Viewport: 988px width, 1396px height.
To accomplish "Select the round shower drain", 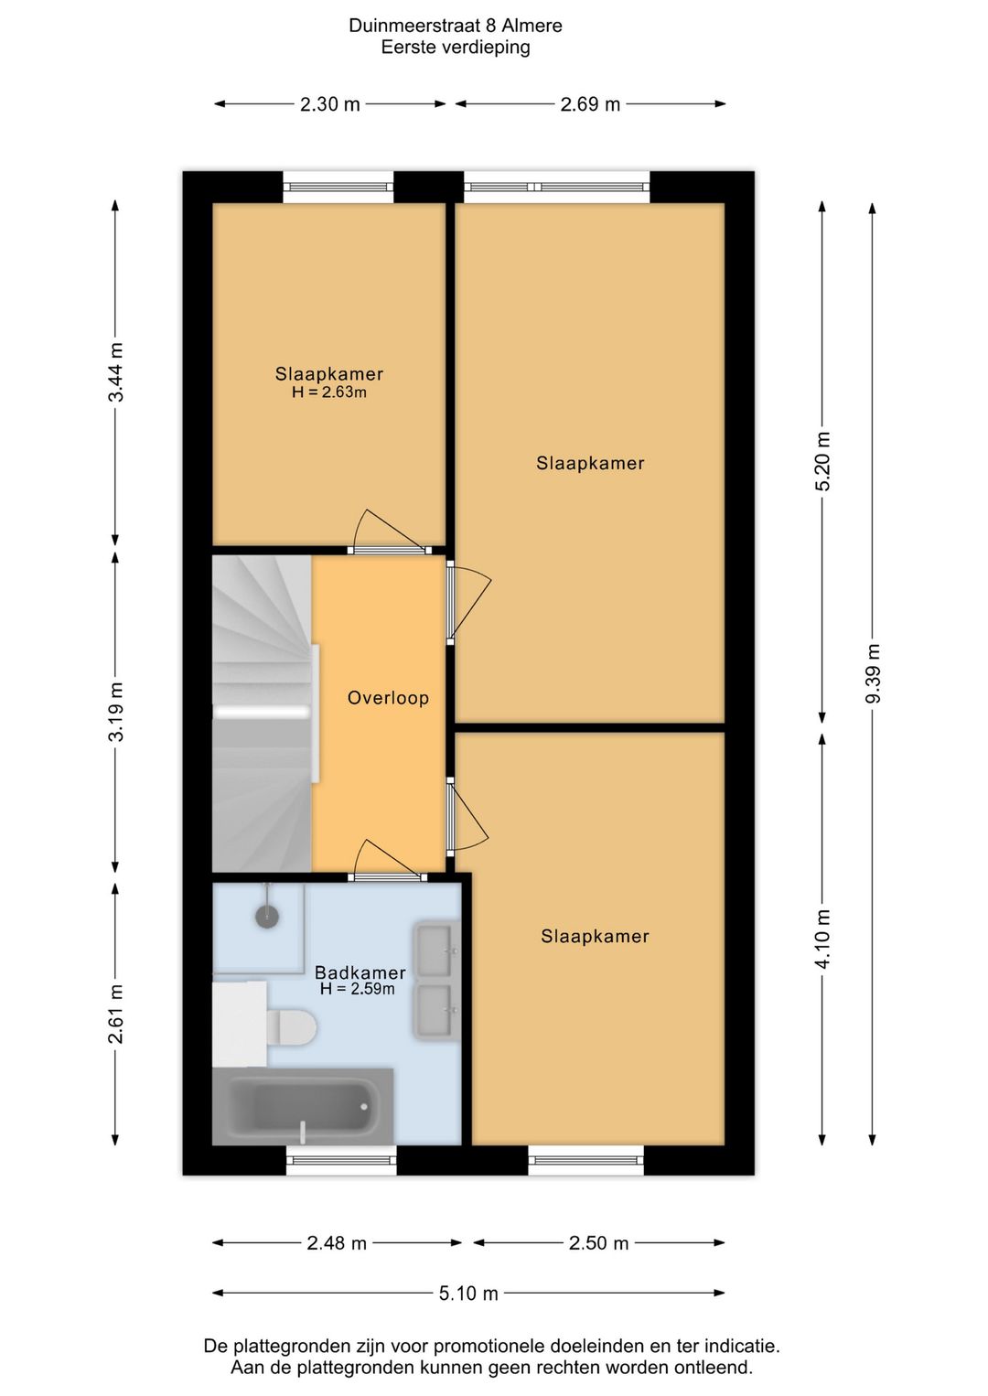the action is point(267,916).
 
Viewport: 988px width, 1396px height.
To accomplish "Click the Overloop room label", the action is point(388,698).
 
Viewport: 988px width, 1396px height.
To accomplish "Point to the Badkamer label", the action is point(360,972).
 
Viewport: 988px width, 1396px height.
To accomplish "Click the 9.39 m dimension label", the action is point(873,673).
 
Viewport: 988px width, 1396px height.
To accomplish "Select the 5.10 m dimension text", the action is point(468,1294).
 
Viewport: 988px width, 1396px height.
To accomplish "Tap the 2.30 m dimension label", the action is point(329,104).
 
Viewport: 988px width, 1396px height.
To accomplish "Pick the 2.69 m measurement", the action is point(590,104).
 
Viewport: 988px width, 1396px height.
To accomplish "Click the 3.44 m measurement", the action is point(116,372).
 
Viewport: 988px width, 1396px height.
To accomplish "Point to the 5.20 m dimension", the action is point(822,461).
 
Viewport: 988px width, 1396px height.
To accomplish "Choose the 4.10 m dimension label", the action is point(822,939).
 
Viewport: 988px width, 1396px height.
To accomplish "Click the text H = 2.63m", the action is point(329,392).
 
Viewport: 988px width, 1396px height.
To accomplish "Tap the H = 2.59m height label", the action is point(357,988).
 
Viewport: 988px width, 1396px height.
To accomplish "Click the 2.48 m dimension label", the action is point(337,1243).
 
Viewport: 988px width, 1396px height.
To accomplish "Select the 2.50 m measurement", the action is point(598,1243).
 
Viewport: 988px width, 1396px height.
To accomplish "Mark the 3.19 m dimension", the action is point(116,712).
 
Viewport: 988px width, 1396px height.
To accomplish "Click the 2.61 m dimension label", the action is point(116,1014).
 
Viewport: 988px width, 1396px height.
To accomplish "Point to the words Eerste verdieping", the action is point(456,48).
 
